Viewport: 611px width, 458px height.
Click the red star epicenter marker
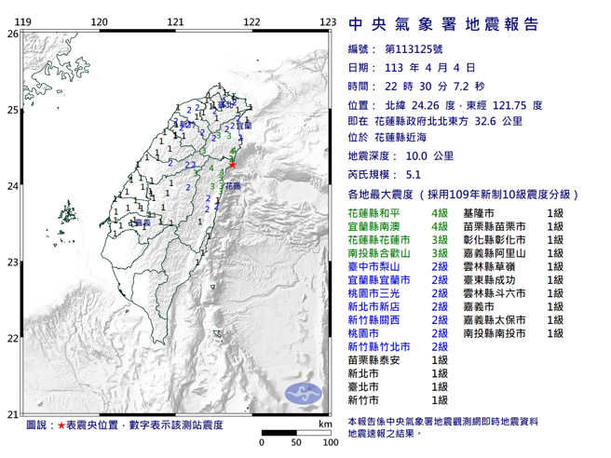pyautogui.click(x=232, y=165)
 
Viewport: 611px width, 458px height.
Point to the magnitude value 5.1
pyautogui.click(x=414, y=173)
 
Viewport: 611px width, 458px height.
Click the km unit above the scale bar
pyautogui.click(x=323, y=424)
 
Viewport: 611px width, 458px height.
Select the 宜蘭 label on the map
pyautogui.click(x=244, y=125)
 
